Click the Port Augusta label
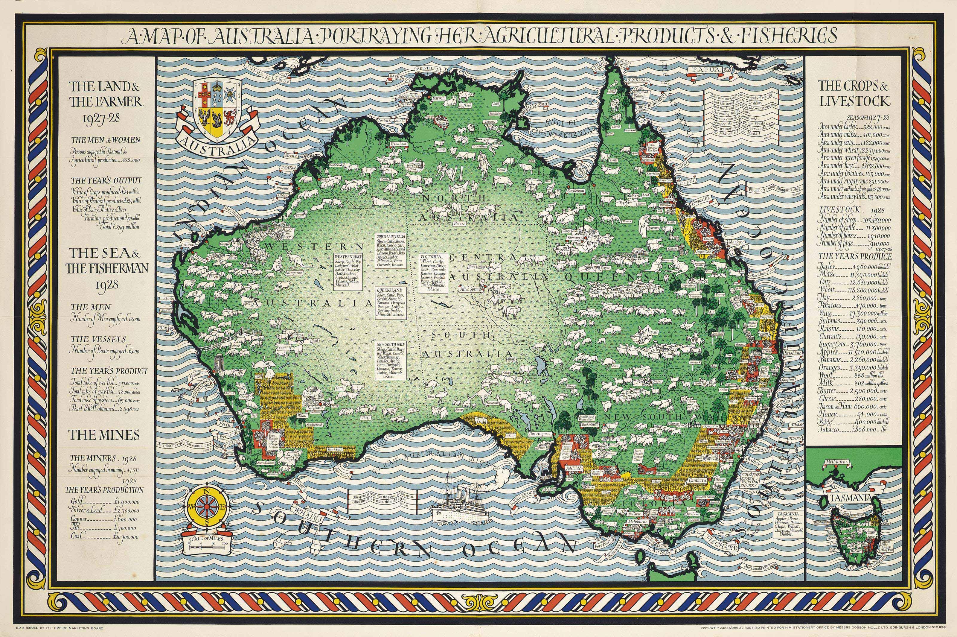pyautogui.click(x=539, y=434)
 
